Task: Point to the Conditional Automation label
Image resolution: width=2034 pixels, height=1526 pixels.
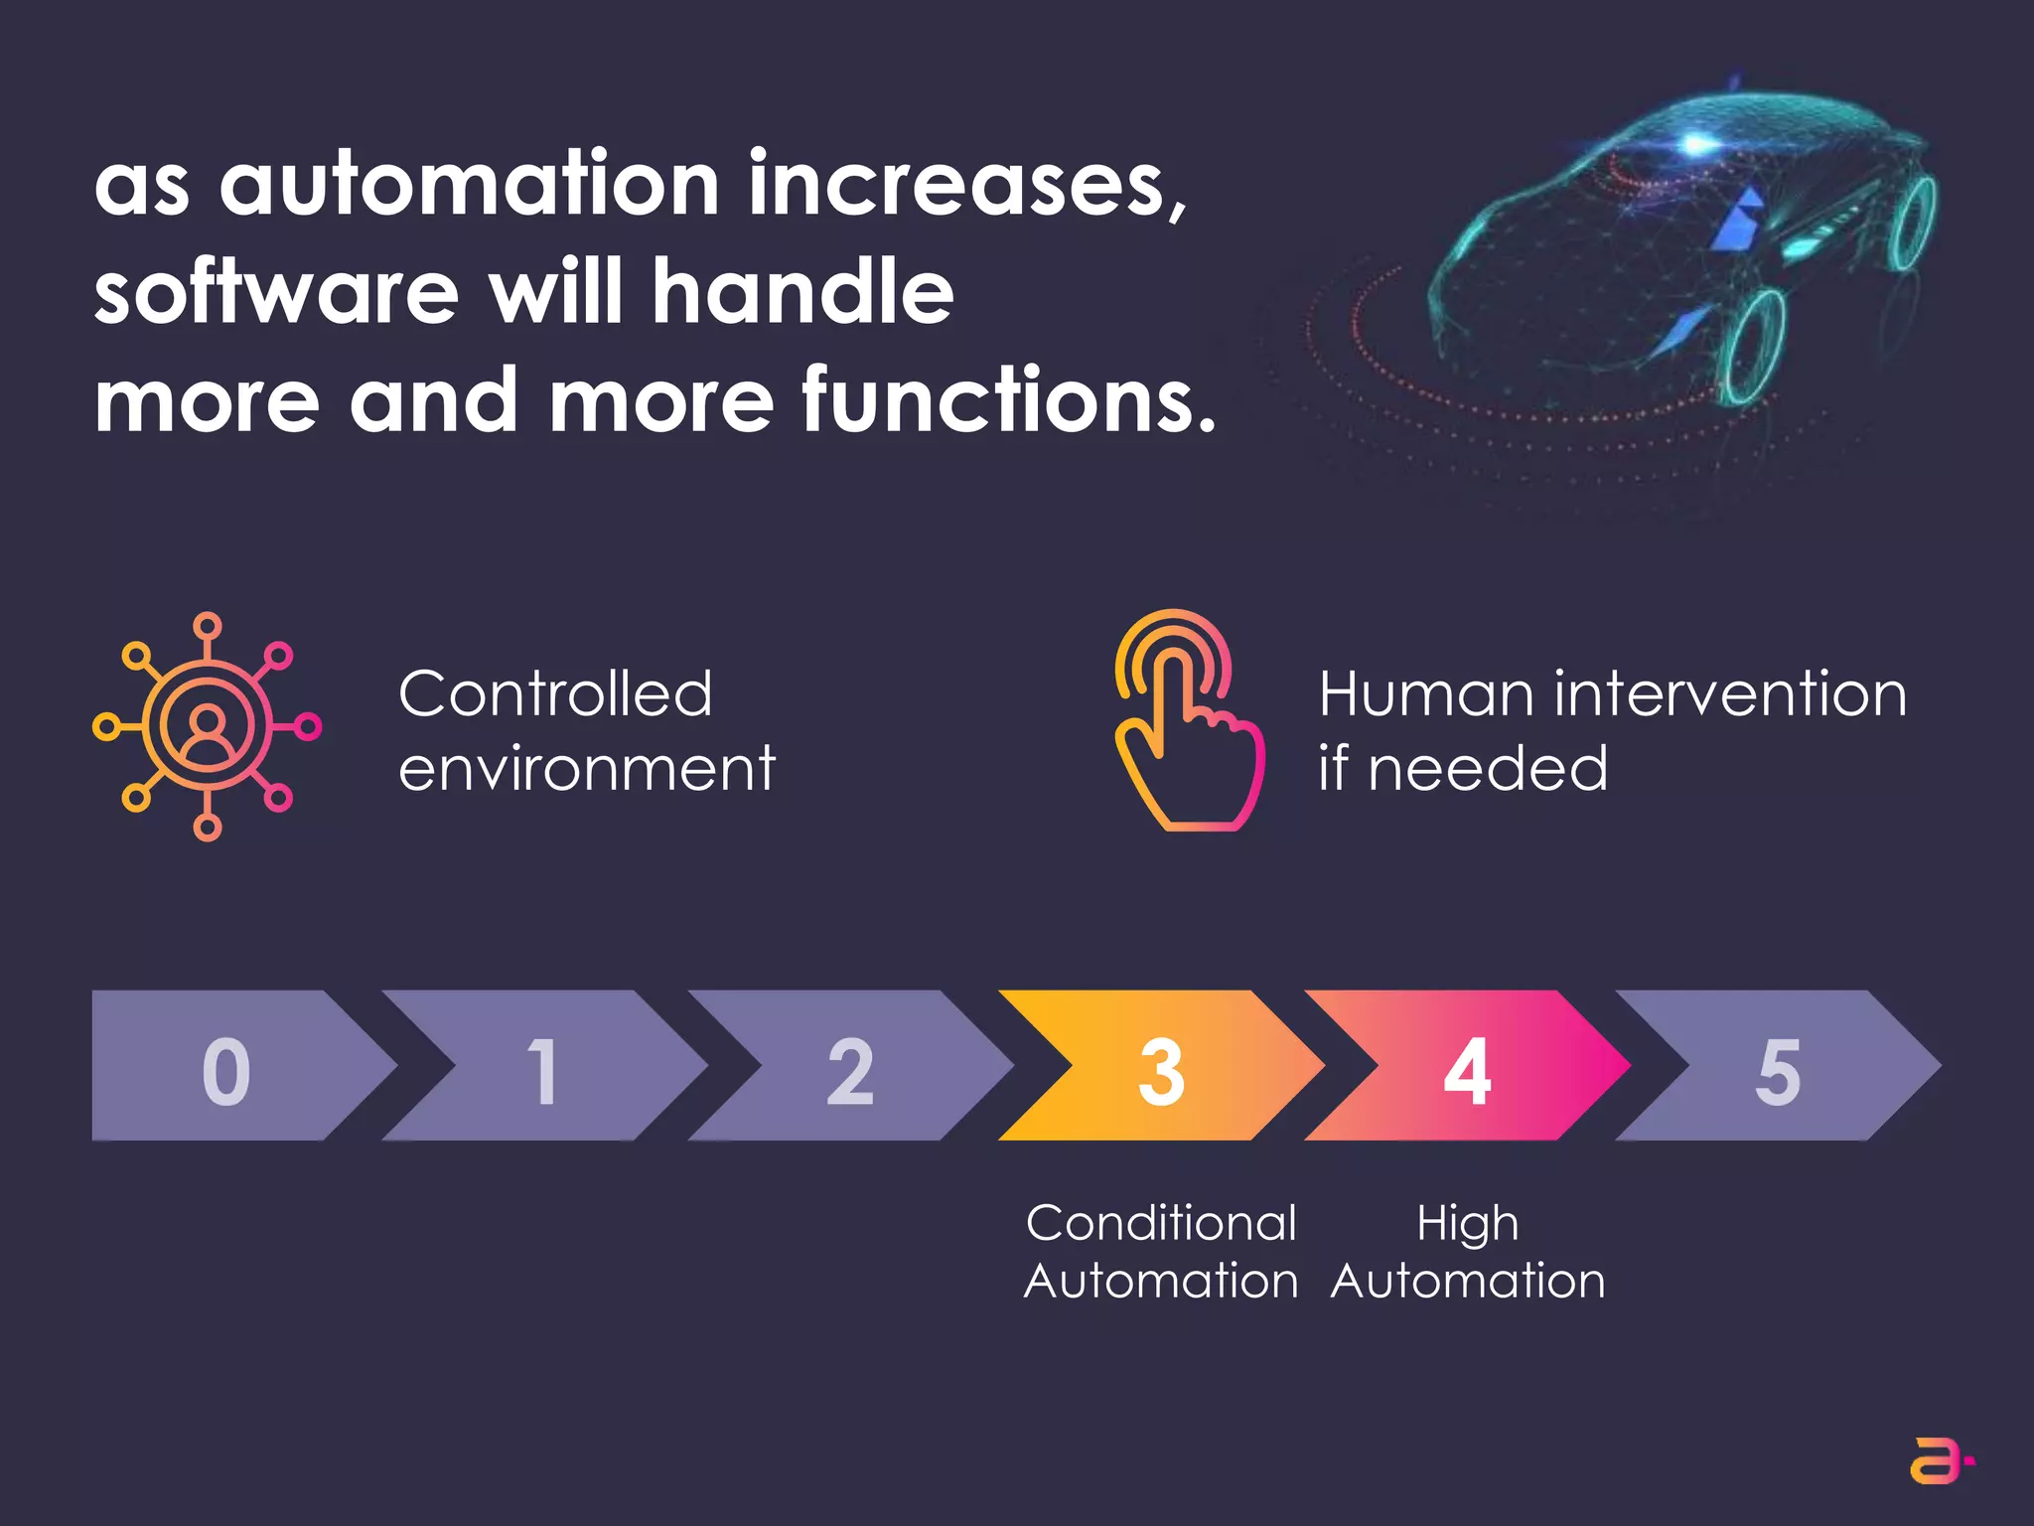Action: coord(1161,1251)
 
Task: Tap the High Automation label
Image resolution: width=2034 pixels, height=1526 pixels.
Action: coord(1468,1251)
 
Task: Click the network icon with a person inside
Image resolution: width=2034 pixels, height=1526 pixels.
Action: coord(207,726)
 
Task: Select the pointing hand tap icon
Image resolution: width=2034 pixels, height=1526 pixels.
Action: coord(1187,721)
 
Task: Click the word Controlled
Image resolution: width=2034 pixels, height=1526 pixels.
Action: coord(555,692)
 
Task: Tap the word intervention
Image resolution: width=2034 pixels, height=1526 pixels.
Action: coord(1729,692)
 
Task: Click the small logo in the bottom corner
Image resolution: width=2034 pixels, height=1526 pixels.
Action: coord(1941,1460)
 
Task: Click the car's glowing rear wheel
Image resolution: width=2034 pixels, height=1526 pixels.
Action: coord(1912,225)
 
